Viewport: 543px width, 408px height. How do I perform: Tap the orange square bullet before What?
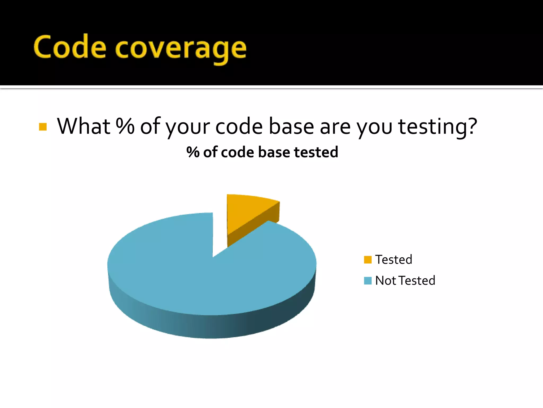click(x=43, y=127)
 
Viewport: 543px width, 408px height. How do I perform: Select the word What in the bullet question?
click(x=84, y=126)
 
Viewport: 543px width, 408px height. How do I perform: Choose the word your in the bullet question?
click(x=188, y=127)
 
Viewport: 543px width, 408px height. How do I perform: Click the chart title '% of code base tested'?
click(x=262, y=152)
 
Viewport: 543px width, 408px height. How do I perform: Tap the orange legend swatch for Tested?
click(x=368, y=260)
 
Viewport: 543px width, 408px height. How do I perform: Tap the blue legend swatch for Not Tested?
click(x=368, y=280)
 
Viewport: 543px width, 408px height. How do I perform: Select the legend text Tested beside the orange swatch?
click(x=394, y=260)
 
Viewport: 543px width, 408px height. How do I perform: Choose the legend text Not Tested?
click(x=405, y=280)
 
